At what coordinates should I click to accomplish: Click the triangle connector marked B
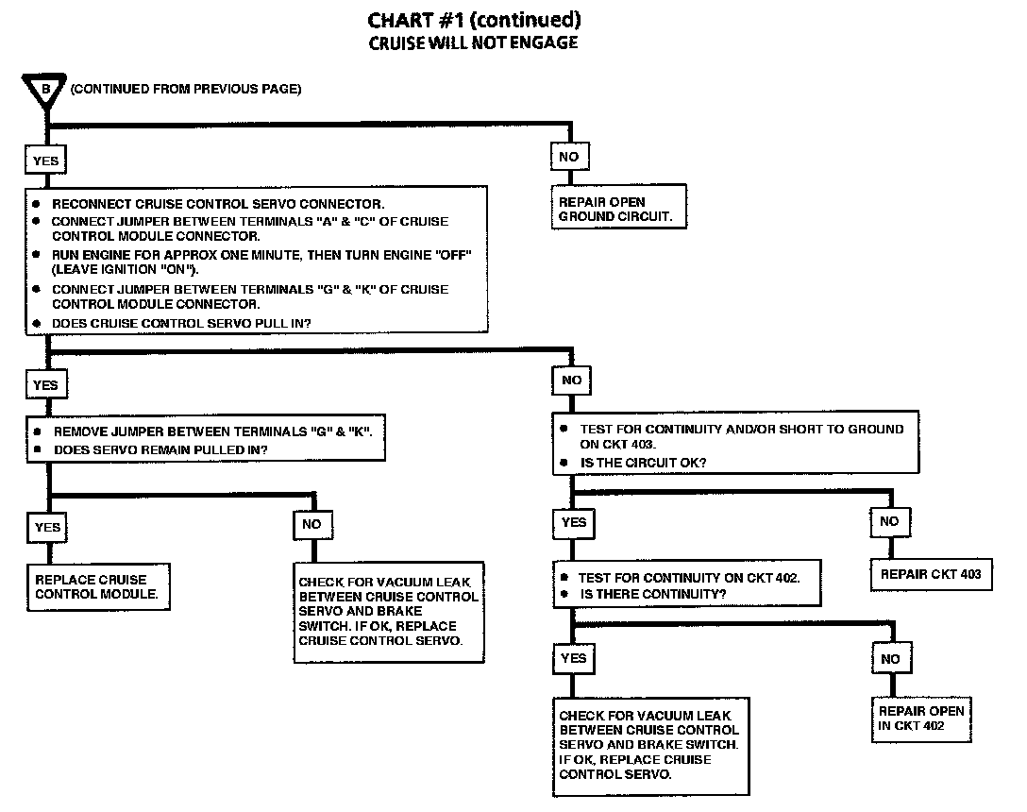click(x=46, y=91)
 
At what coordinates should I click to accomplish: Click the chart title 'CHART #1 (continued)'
click(x=473, y=20)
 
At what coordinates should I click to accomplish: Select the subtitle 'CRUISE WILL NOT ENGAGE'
click(x=473, y=42)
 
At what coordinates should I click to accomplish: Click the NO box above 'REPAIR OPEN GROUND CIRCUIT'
click(x=569, y=157)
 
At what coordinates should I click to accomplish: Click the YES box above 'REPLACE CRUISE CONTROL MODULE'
click(x=47, y=528)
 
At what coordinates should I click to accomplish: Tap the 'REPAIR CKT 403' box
click(x=931, y=574)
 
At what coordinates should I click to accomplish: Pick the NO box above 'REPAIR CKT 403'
click(x=889, y=521)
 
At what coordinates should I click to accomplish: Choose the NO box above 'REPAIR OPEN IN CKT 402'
click(x=890, y=658)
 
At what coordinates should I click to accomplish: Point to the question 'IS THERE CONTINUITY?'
click(x=653, y=594)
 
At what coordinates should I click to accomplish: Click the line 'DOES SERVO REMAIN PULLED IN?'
click(x=160, y=449)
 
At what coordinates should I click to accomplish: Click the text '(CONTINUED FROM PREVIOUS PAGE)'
click(x=186, y=89)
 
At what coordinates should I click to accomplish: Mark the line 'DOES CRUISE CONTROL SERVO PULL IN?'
click(x=183, y=324)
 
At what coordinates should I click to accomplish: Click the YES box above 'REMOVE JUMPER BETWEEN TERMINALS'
click(x=46, y=385)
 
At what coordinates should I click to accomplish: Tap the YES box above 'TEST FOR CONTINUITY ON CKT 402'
click(x=574, y=522)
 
